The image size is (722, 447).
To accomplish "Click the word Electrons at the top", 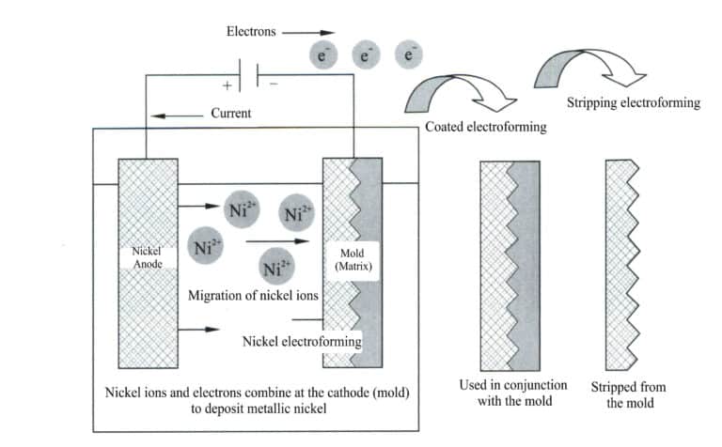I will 251,30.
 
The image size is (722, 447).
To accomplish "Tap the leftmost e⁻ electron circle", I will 322,55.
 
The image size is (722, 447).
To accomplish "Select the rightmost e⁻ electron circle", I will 408,55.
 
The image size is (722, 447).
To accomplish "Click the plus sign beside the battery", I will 226,85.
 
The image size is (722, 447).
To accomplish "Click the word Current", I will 230,114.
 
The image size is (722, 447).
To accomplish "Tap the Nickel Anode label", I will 147,259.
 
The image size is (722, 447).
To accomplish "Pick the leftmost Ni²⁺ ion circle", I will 205,248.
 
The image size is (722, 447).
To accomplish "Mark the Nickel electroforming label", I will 301,342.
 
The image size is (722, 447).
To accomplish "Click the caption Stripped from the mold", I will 623,393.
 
